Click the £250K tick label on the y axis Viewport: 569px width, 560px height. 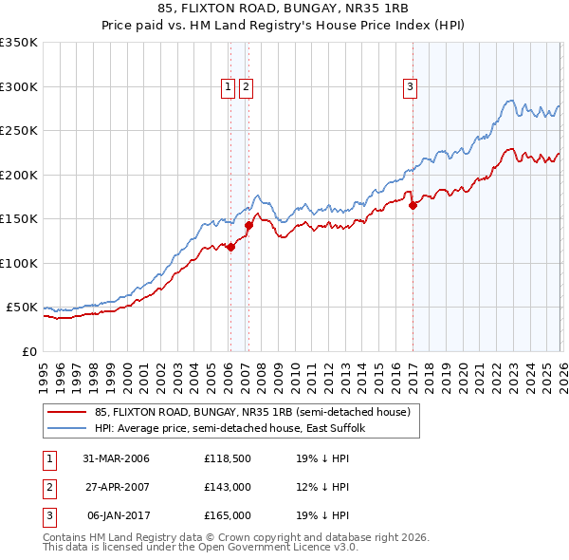pyautogui.click(x=19, y=131)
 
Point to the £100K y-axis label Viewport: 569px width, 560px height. pyautogui.click(x=19, y=263)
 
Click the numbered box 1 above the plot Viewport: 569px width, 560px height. pyautogui.click(x=229, y=87)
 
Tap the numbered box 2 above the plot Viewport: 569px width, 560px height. pyautogui.click(x=247, y=87)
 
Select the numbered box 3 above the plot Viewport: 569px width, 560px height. pyautogui.click(x=411, y=87)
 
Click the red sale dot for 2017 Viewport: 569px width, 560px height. pyautogui.click(x=413, y=205)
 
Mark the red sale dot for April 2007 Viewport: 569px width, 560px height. pyautogui.click(x=248, y=226)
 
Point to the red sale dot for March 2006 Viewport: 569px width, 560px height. pyautogui.click(x=230, y=247)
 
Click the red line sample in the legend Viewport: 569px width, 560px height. pyautogui.click(x=67, y=413)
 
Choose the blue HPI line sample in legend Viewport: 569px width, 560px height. pyautogui.click(x=67, y=429)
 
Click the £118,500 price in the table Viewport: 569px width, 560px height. pyautogui.click(x=228, y=459)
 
